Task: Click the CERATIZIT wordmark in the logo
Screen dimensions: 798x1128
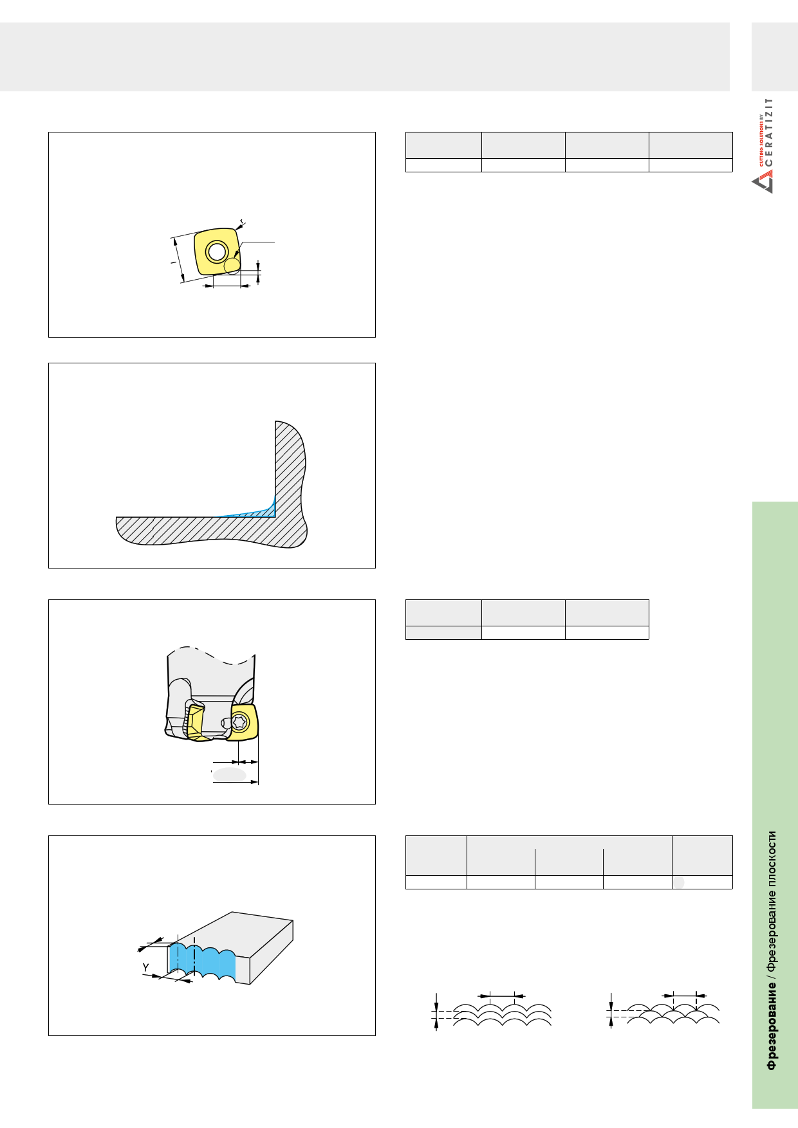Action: [769, 132]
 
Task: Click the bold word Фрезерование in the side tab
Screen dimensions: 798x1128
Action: [771, 1026]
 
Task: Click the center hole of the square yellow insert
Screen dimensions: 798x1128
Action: [217, 251]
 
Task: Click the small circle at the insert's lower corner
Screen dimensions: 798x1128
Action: [232, 266]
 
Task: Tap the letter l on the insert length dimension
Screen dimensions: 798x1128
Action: [173, 262]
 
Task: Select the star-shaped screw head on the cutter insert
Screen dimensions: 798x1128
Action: [240, 722]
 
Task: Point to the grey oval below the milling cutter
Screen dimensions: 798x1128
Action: [230, 774]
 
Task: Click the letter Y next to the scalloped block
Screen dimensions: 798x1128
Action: [146, 967]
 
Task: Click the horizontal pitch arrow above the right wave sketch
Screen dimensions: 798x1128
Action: [684, 996]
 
